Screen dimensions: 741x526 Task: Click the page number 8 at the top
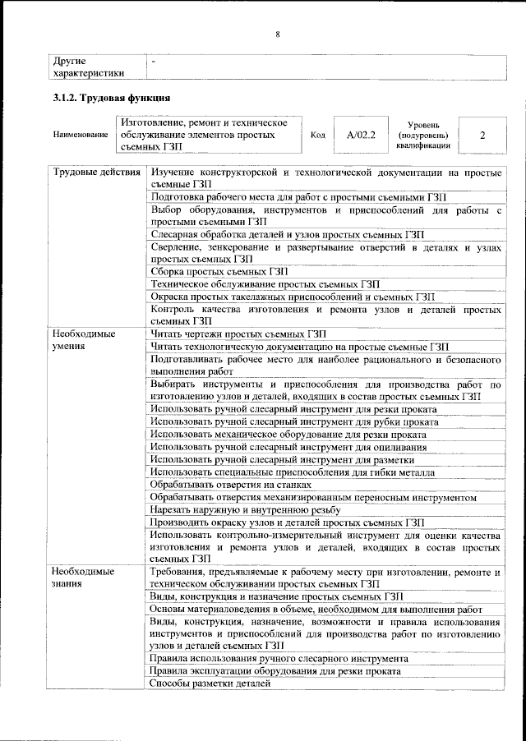278,35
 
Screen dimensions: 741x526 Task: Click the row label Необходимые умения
84,341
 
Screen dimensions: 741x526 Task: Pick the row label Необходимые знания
84,577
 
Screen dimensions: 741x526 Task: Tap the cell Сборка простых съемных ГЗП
219,271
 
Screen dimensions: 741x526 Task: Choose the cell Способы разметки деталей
210,683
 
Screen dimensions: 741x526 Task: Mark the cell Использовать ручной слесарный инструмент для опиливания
288,447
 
